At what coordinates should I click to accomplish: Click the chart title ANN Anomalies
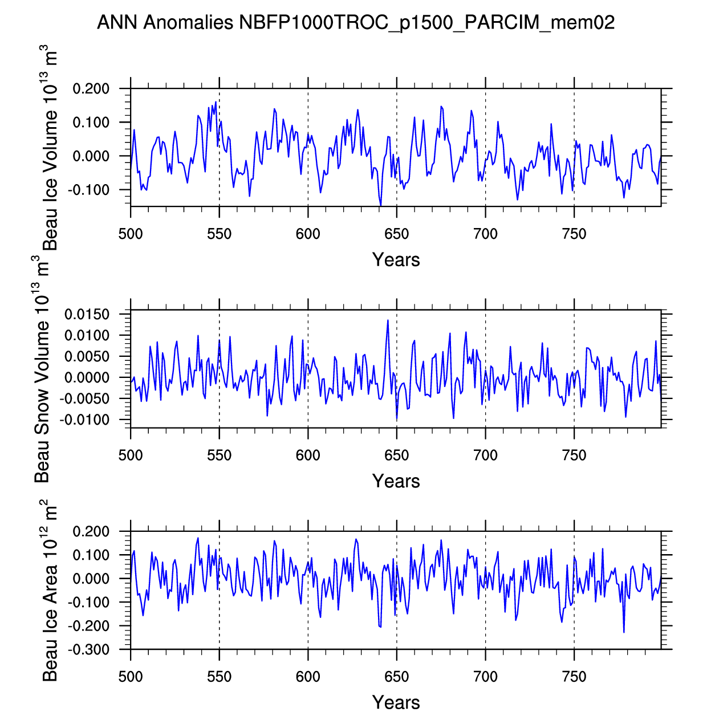(x=356, y=23)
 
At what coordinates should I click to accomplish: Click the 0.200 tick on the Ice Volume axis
(x=91, y=89)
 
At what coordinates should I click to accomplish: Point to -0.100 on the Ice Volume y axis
(x=90, y=190)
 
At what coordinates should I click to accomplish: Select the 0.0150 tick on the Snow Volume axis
(x=87, y=315)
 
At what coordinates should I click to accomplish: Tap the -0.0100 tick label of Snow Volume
(x=86, y=420)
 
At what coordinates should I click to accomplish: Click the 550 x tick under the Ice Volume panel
(x=220, y=234)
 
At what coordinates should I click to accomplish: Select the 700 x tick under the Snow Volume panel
(x=485, y=455)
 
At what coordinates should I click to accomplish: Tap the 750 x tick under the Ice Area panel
(x=574, y=677)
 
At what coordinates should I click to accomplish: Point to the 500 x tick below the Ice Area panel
(x=131, y=677)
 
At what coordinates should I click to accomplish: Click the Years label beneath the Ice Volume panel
(x=396, y=260)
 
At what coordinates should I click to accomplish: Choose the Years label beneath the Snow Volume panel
(x=396, y=481)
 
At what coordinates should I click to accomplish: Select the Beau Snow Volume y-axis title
(x=42, y=369)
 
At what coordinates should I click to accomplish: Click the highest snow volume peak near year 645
(x=388, y=320)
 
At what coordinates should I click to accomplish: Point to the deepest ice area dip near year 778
(x=624, y=632)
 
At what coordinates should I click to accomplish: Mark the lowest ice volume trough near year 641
(x=380, y=205)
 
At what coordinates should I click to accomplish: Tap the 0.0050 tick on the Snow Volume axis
(x=87, y=357)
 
